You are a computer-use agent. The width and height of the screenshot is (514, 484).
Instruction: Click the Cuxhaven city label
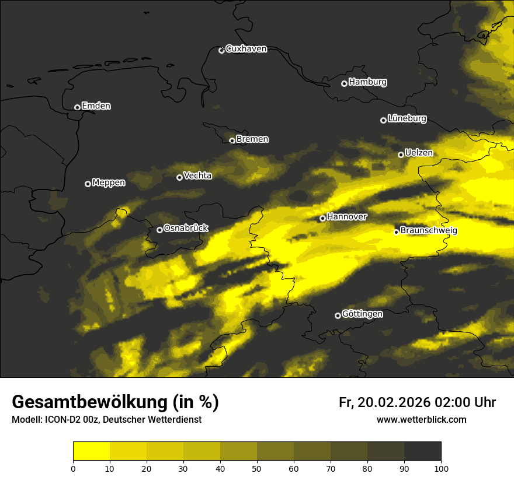[246, 49]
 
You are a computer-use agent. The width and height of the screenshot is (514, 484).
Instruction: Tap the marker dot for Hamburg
[344, 83]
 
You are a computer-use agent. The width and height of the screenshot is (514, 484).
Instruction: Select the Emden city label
[96, 106]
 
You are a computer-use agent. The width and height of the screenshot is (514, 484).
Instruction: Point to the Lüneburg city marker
[383, 120]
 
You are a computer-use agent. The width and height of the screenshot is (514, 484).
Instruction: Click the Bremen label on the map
[252, 139]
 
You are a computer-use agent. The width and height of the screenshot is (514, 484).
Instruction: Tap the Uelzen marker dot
[401, 155]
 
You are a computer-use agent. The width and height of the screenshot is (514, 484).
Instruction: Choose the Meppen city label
[109, 183]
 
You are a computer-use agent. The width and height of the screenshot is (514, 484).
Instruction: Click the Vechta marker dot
[179, 177]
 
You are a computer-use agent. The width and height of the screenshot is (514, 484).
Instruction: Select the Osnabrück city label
[186, 229]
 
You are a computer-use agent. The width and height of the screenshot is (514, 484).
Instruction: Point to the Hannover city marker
[322, 219]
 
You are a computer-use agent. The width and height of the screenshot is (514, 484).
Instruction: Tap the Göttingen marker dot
[338, 315]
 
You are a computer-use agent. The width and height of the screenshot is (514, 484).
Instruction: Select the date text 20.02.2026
[394, 402]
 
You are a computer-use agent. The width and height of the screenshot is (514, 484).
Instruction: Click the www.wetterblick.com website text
[421, 420]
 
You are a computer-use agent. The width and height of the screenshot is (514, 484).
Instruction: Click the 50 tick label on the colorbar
[257, 468]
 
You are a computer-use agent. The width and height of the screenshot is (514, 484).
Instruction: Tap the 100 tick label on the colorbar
[440, 468]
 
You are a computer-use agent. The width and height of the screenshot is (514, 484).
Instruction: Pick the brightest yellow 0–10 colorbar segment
[92, 451]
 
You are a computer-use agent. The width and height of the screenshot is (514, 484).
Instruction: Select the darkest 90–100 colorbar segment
[422, 451]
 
